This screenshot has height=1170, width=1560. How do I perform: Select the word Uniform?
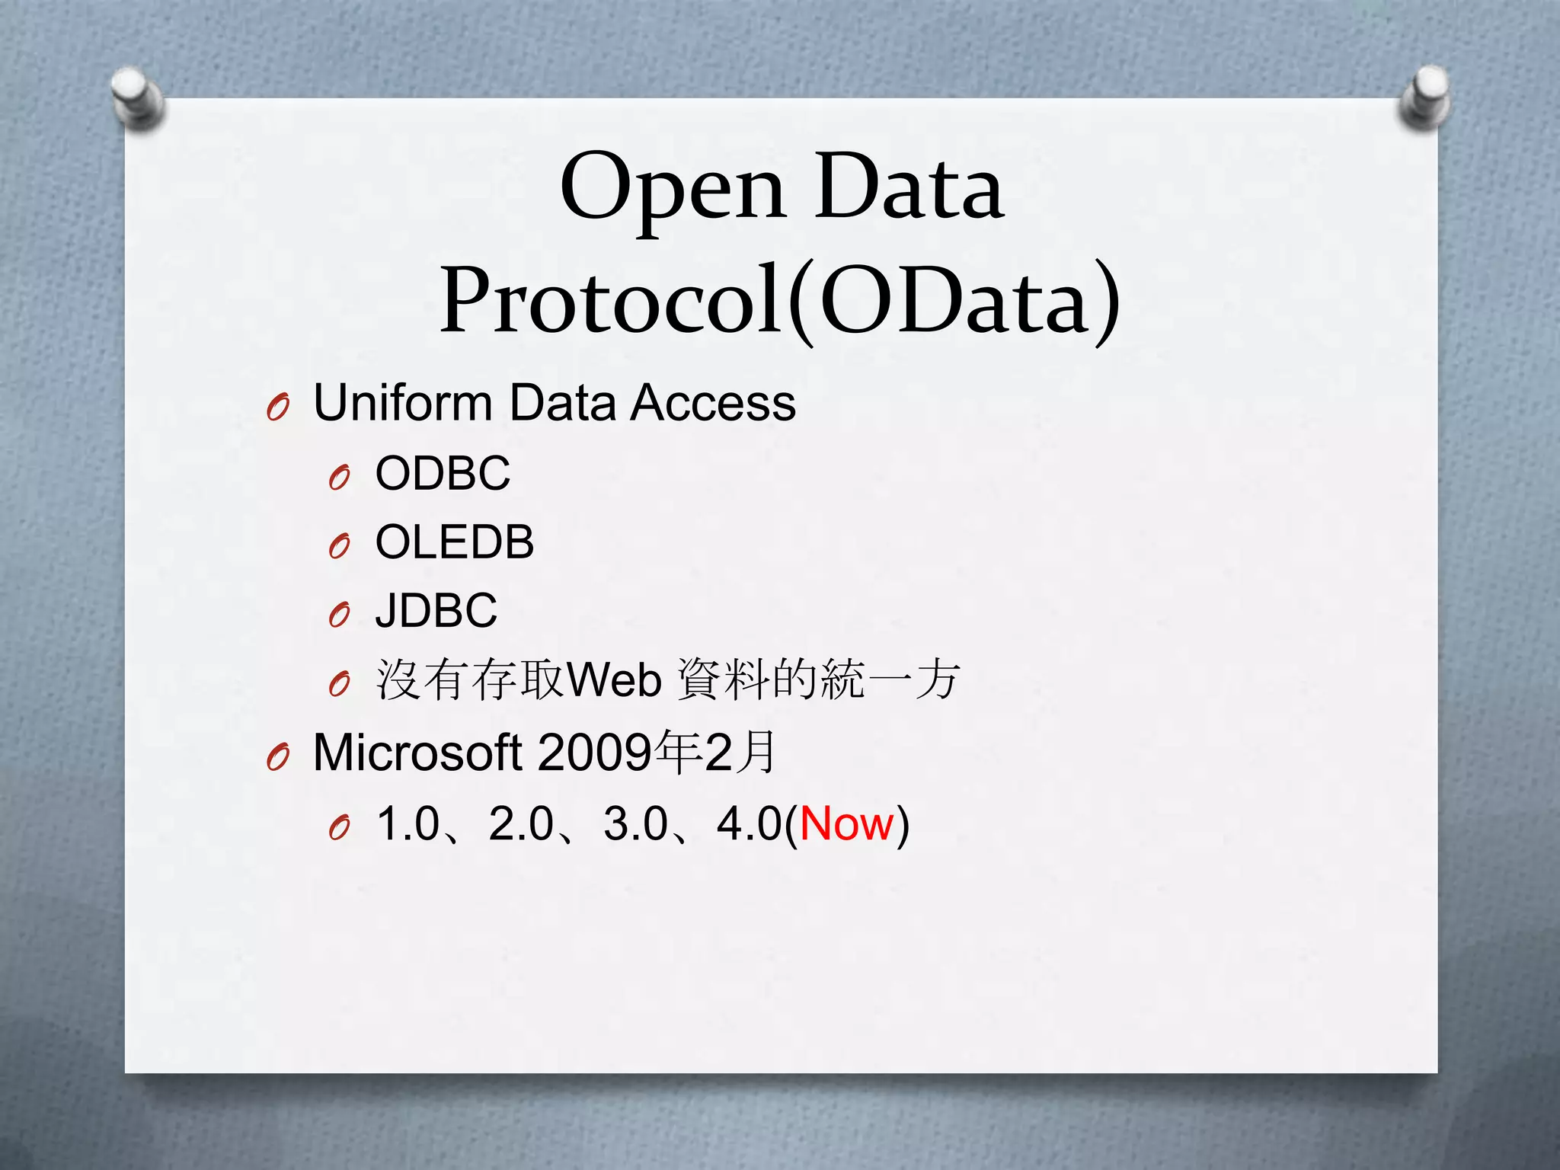point(403,403)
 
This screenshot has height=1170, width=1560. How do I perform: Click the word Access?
point(713,403)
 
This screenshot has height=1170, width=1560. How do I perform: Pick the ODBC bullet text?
point(443,473)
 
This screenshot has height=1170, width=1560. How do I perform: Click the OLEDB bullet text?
point(455,542)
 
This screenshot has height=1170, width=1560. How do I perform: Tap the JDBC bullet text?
point(436,611)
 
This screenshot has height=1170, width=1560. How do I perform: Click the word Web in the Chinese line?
point(614,680)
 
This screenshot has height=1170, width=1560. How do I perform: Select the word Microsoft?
point(417,753)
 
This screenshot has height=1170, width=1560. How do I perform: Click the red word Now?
point(846,823)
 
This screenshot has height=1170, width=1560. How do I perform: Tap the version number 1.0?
point(409,823)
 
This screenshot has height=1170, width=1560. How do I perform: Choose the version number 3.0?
point(635,823)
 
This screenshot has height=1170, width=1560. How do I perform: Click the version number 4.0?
point(750,823)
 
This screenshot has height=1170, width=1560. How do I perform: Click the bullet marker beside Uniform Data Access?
point(279,409)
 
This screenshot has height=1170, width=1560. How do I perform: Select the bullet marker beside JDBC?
point(340,615)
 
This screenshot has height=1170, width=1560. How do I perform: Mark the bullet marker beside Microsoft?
point(279,758)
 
